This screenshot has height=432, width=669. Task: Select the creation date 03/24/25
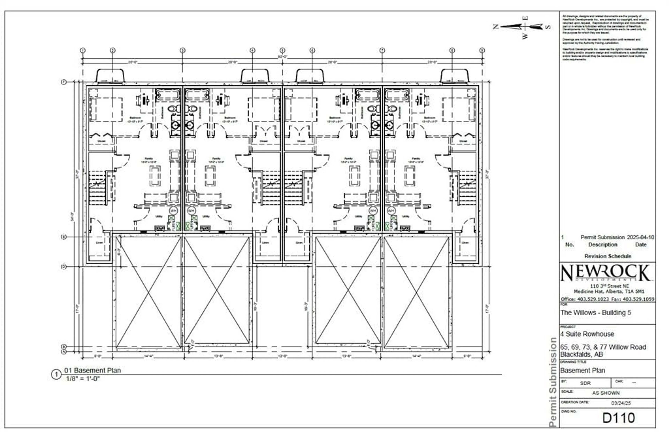(x=621, y=403)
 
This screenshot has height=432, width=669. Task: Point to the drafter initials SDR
(x=585, y=383)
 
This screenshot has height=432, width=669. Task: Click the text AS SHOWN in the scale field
(x=606, y=393)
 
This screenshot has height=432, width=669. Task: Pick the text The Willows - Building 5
(x=595, y=313)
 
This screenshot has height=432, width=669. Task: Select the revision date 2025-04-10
(x=640, y=237)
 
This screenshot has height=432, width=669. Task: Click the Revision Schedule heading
(x=608, y=256)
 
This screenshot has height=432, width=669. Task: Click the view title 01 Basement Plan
(x=93, y=370)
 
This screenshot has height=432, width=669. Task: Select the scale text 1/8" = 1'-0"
(x=83, y=379)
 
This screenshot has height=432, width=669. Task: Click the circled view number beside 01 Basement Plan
(x=56, y=374)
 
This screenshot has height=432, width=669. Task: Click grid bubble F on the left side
(x=64, y=82)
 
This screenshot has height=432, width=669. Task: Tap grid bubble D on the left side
(x=64, y=267)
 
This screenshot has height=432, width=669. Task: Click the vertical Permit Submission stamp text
(x=552, y=381)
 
